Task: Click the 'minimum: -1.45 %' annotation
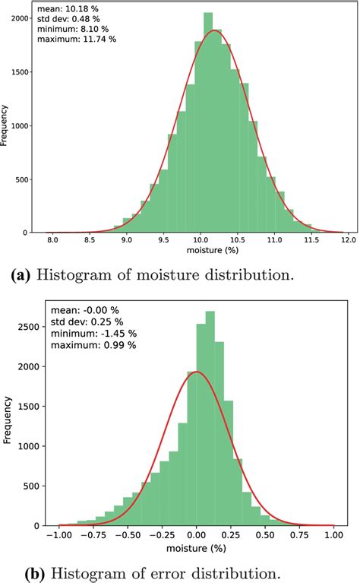[93, 333]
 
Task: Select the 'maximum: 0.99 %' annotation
[93, 344]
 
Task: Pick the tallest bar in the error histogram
[210, 418]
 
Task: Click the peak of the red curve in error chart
[197, 372]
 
